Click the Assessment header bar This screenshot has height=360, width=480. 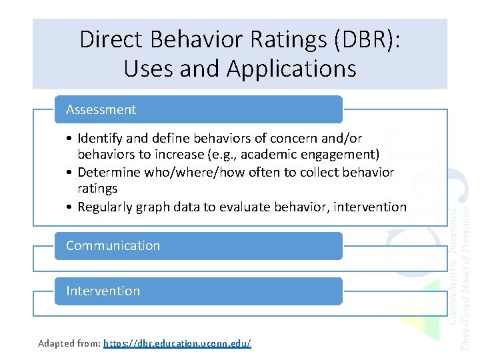click(x=198, y=109)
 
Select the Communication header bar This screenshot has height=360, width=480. click(x=198, y=245)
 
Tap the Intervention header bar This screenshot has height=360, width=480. click(x=198, y=291)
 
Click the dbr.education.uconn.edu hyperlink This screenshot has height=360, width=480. click(x=177, y=343)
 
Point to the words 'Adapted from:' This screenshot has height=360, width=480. click(x=69, y=343)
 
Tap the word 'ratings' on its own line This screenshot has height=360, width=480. click(x=97, y=189)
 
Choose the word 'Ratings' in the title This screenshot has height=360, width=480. click(x=288, y=39)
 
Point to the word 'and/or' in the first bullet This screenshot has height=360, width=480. click(x=341, y=139)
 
